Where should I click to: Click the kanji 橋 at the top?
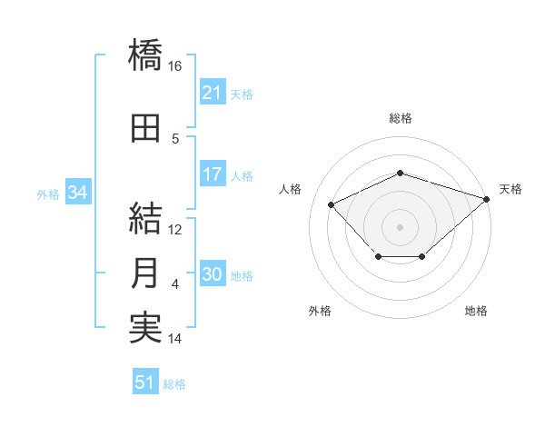point(145,55)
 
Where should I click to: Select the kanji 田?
point(145,128)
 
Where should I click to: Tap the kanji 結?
point(145,218)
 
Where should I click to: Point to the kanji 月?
point(144,273)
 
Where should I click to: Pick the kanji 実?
point(145,328)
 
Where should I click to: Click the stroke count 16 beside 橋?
point(174,66)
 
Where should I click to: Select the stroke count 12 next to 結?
point(174,230)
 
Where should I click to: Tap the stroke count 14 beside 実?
point(174,339)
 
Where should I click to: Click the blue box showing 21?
point(213,92)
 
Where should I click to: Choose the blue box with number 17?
point(213,174)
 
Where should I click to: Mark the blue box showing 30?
point(213,273)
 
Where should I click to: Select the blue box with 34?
point(78,192)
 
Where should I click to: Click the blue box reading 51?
point(145,381)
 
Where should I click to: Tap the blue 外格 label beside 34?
point(48,194)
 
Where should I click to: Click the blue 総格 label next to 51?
point(174,384)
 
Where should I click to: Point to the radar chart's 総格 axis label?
point(401,118)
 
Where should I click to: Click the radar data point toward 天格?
point(487,199)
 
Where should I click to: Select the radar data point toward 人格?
point(331,204)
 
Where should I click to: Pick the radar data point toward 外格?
point(379,256)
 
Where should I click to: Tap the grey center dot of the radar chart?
point(400,227)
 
